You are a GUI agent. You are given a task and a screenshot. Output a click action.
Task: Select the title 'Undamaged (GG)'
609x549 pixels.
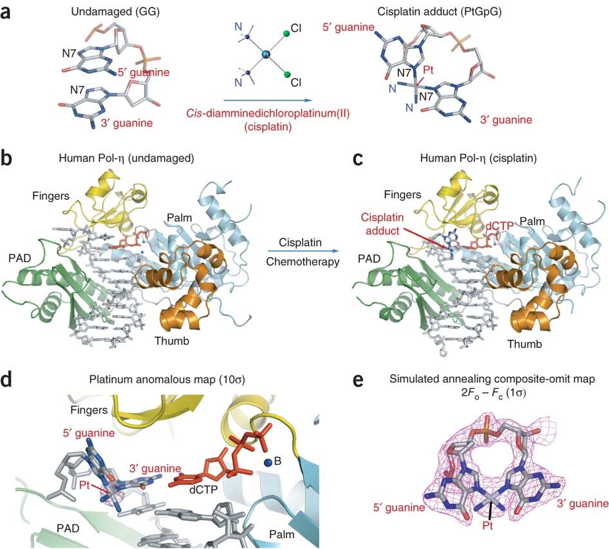pos(115,12)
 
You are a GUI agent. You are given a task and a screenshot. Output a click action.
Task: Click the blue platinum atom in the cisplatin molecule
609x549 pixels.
pos(266,54)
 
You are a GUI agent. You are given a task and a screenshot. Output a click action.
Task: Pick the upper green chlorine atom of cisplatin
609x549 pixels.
pos(286,34)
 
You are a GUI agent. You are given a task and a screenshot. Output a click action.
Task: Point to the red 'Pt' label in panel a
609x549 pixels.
pos(428,70)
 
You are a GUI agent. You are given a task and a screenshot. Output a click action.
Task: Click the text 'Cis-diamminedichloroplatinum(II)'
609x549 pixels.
pos(268,113)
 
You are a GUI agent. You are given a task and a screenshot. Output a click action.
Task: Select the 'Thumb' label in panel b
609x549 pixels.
pos(172,341)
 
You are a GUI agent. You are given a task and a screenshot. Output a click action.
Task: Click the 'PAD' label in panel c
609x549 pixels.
pos(369,258)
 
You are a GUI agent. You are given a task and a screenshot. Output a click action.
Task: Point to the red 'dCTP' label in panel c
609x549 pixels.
pos(500,226)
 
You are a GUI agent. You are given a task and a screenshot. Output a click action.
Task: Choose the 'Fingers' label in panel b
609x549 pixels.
pos(51,196)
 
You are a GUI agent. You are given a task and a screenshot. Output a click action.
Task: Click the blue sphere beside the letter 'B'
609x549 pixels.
pos(268,463)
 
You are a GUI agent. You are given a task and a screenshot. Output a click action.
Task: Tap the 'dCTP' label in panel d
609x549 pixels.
pos(203,490)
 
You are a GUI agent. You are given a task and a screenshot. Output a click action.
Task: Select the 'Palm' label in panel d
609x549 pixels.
pos(281,535)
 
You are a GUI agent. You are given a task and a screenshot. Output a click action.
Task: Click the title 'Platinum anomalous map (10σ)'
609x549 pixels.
pos(167,380)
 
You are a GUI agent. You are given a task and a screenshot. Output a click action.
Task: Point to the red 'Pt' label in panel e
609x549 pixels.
pos(487,526)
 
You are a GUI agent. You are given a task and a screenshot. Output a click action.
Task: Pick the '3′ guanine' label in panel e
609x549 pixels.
pos(583,504)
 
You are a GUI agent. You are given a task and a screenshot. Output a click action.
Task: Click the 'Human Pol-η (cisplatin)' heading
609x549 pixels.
pos(478,159)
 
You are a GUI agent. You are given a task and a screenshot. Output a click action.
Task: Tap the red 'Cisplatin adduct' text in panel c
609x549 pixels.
pos(382,224)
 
